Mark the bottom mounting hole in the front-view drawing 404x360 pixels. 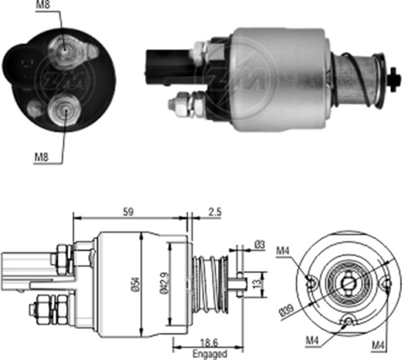(345, 323)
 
